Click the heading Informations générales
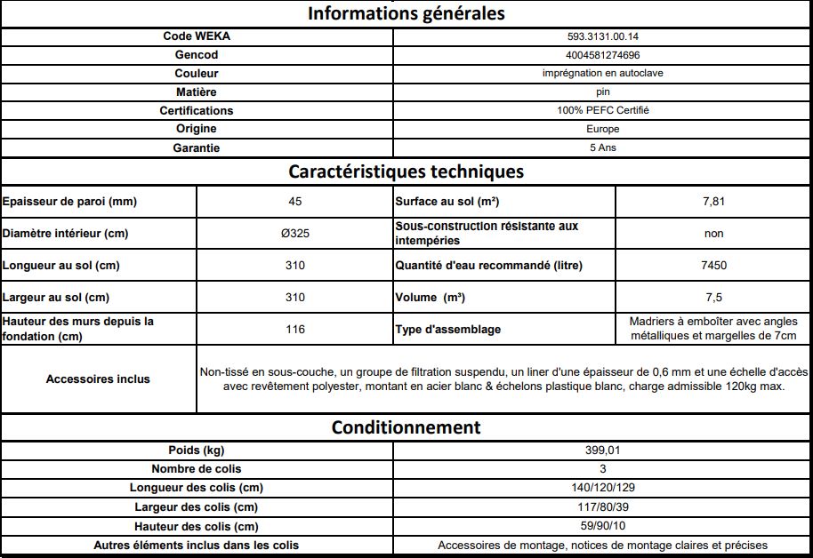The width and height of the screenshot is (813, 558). tap(406, 13)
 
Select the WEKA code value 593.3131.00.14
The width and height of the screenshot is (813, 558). tap(602, 36)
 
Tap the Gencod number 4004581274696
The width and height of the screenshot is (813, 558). tap(602, 55)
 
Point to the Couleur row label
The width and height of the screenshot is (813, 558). tap(197, 74)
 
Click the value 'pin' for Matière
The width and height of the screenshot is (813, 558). tap(602, 92)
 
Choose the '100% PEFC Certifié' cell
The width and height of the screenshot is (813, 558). tap(602, 111)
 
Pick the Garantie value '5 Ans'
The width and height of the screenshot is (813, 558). tap(602, 148)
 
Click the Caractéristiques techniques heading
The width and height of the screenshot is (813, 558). tap(406, 171)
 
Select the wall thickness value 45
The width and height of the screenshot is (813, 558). tap(295, 202)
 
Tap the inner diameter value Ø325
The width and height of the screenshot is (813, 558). tap(295, 234)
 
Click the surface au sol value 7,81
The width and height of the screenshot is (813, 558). tap(713, 202)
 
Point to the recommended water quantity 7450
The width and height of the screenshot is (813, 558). tap(713, 266)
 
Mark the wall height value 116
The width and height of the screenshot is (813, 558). tap(295, 330)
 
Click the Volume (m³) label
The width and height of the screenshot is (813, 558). tap(431, 298)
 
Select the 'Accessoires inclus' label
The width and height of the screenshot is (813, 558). tap(98, 379)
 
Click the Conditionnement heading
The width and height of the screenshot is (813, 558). tap(406, 427)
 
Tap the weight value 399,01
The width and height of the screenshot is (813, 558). tap(602, 450)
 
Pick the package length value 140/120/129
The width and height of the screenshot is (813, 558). tap(602, 488)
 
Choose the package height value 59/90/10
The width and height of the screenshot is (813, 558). tap(602, 526)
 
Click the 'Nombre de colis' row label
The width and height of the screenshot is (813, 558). tap(197, 469)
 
